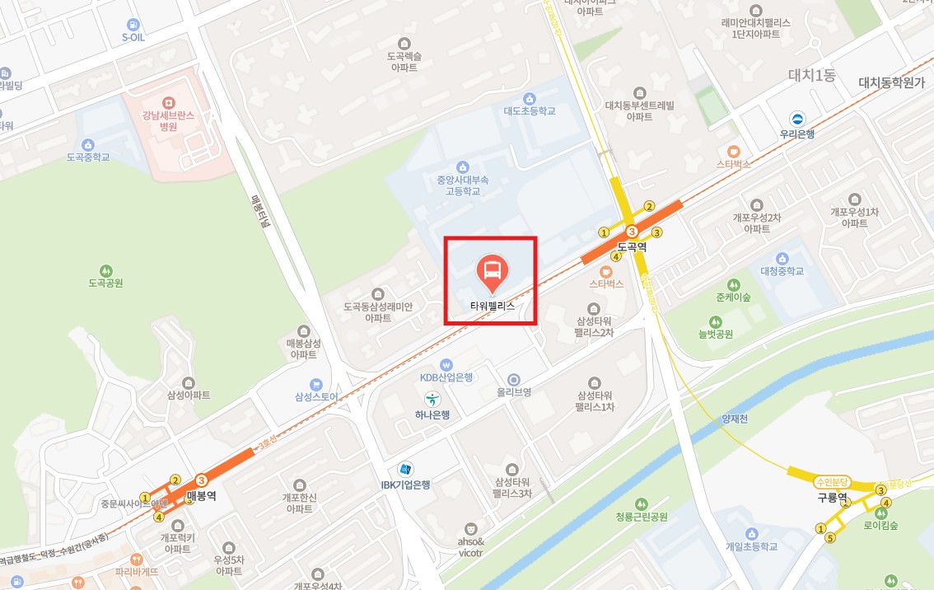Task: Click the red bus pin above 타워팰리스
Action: click(x=492, y=273)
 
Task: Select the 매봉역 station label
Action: click(x=201, y=495)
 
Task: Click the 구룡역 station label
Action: click(x=832, y=498)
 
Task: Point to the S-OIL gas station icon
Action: click(x=133, y=25)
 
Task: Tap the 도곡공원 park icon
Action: click(x=105, y=270)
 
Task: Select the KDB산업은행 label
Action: click(x=446, y=377)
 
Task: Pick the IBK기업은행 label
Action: click(x=405, y=485)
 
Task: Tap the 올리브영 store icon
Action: click(x=514, y=379)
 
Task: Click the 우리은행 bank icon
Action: click(x=796, y=119)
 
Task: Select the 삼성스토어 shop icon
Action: click(x=315, y=384)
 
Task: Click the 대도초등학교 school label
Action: click(x=530, y=110)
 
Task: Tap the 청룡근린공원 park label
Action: click(x=642, y=517)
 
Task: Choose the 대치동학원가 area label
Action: click(x=891, y=82)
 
